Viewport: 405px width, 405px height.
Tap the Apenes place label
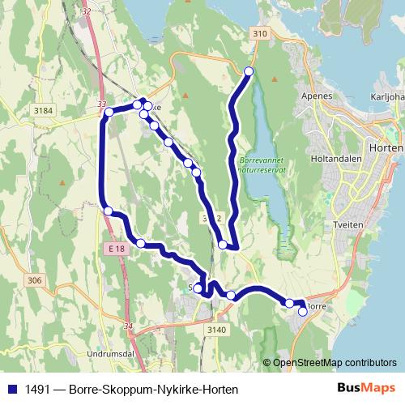point(318,96)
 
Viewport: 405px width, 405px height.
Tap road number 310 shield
point(258,33)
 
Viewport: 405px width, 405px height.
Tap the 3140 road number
point(216,329)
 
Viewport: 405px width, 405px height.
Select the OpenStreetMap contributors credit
point(334,363)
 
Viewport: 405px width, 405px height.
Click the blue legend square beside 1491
point(11,389)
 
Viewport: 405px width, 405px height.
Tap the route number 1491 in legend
point(36,389)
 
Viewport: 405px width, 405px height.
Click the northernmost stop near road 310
point(249,72)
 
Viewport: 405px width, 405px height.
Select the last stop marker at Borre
point(303,311)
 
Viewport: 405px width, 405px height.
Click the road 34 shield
point(129,326)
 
